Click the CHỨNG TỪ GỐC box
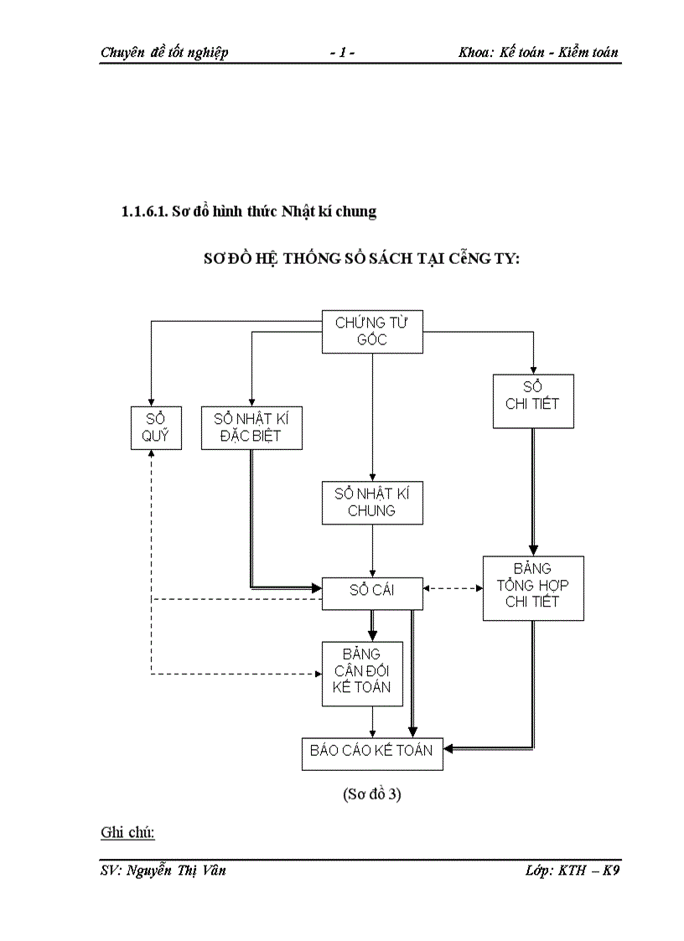click(372, 331)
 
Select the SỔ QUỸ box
click(156, 427)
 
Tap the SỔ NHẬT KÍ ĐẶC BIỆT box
click(251, 427)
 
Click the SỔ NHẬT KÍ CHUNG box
click(372, 502)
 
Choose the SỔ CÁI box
click(372, 591)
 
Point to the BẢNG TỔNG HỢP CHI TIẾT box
click(533, 587)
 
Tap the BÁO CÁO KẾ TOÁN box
click(371, 751)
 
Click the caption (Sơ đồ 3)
click(372, 796)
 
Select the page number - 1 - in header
click(342, 52)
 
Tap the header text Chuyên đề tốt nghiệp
click(164, 52)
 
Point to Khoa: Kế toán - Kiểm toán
click(538, 52)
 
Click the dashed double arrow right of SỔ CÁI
click(453, 588)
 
